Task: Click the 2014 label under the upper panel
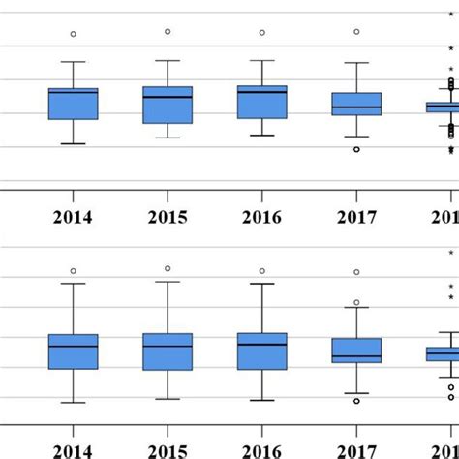[x=74, y=217]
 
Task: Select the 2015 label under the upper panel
[x=168, y=217]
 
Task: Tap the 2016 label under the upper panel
[x=261, y=217]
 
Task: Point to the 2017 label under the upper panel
[x=355, y=217]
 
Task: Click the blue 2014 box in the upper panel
[x=74, y=104]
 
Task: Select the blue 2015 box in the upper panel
[x=168, y=105]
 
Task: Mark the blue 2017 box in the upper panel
[x=356, y=104]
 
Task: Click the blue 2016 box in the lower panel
[x=262, y=351]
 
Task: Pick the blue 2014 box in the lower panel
[x=74, y=352]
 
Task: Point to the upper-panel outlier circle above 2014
[x=74, y=34]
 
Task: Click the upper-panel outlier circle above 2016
[x=261, y=33]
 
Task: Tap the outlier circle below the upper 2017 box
[x=356, y=149]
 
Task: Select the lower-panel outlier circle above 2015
[x=168, y=268]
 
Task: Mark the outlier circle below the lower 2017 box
[x=356, y=400]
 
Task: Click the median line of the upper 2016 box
[x=262, y=92]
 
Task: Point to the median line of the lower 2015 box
[x=168, y=346]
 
